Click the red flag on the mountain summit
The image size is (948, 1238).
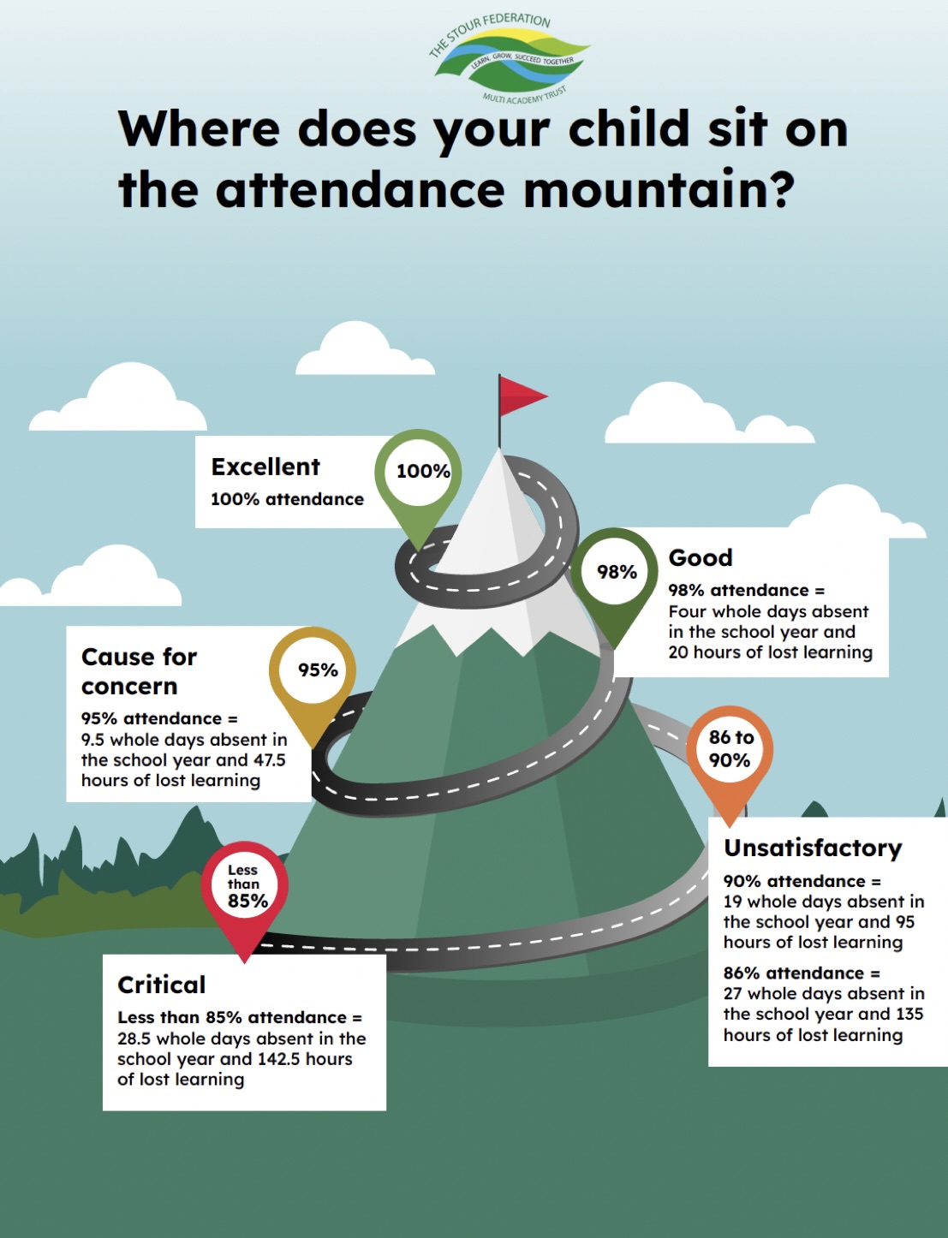(522, 395)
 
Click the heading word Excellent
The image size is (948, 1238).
(265, 467)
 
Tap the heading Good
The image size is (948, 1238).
(701, 557)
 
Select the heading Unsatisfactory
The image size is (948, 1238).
(813, 848)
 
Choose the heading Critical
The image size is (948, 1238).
(161, 985)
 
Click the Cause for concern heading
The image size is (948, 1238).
(139, 672)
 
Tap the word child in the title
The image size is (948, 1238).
(629, 128)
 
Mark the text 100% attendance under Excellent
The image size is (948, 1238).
(287, 500)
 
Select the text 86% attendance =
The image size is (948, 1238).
(802, 973)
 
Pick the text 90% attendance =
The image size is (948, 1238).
(802, 881)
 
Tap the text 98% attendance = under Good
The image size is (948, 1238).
(747, 590)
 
